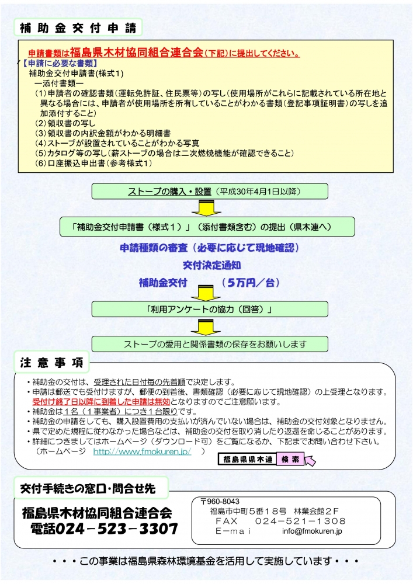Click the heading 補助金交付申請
point(78,27)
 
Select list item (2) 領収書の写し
point(65,123)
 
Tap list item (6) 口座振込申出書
point(93,163)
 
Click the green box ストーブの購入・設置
point(210,192)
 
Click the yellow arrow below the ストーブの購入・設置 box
point(206,208)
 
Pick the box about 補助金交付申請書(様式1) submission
point(207,227)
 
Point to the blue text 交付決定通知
point(211,265)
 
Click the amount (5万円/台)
point(251,283)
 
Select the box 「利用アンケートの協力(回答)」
point(210,309)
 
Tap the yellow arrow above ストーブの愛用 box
point(206,327)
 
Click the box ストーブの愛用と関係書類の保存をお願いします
point(210,344)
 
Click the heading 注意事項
point(52,363)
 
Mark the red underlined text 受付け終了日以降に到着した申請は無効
point(101,402)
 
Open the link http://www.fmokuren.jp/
point(143,451)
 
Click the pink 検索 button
point(290,459)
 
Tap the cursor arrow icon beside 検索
point(310,460)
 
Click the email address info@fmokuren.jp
point(312,531)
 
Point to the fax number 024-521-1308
point(300,521)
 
